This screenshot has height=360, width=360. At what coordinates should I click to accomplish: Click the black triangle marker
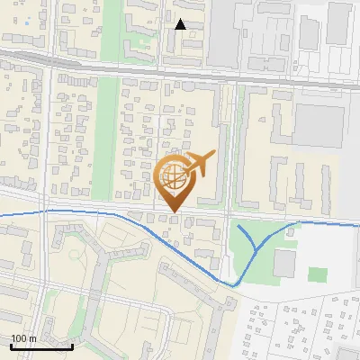coord(180,24)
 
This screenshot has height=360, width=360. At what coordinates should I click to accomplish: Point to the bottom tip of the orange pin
coord(175,212)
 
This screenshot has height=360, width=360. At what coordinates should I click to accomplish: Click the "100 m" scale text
coord(23,338)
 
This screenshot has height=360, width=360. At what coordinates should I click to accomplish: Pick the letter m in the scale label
coord(31,338)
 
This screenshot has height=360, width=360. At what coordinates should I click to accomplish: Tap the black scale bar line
coord(41,346)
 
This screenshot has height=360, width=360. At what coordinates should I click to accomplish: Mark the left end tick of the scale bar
coord(11,344)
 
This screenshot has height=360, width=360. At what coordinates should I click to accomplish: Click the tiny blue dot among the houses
coord(27,20)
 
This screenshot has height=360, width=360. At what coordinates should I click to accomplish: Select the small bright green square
coord(316,274)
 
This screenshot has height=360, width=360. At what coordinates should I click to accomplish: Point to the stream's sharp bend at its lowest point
coord(236,285)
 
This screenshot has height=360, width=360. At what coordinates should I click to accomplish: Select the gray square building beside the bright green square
coord(285,264)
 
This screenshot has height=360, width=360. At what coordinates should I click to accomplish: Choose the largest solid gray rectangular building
coord(319,126)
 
